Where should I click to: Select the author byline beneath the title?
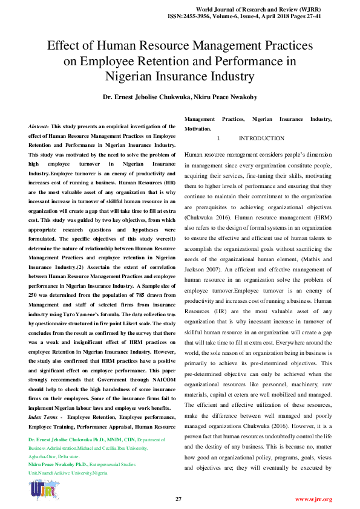[180, 97]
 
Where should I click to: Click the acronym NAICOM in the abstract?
[161, 373]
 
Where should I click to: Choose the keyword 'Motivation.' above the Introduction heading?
[198, 129]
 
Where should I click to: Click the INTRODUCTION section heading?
[261, 138]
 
